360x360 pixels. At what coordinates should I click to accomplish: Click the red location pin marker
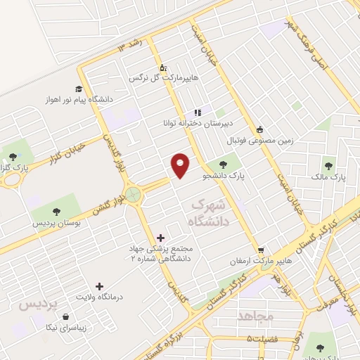coord(181,166)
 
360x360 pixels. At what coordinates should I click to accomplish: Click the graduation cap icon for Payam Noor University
coord(79,89)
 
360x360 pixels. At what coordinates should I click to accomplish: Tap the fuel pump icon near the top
coord(163,67)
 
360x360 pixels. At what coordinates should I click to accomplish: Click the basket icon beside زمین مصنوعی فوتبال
coord(260,129)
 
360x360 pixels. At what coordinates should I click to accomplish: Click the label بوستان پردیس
coord(56,223)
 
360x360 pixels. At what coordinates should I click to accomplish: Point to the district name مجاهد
coord(255,316)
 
